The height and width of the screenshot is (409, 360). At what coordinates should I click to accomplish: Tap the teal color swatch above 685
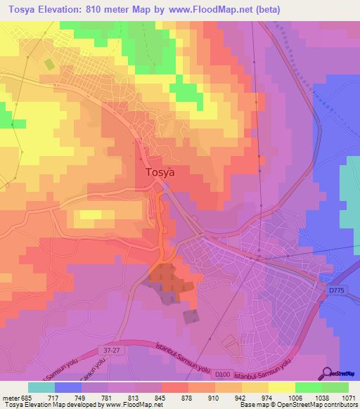[41, 387]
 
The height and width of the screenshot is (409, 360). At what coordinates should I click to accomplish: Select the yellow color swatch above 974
[281, 387]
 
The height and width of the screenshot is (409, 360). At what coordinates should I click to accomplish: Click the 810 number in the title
[106, 11]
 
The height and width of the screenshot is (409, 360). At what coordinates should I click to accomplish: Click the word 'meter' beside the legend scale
[10, 397]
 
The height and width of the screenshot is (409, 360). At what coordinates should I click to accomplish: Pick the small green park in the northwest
[49, 64]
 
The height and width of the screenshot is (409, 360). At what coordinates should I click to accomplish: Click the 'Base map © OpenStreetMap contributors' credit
[297, 405]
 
